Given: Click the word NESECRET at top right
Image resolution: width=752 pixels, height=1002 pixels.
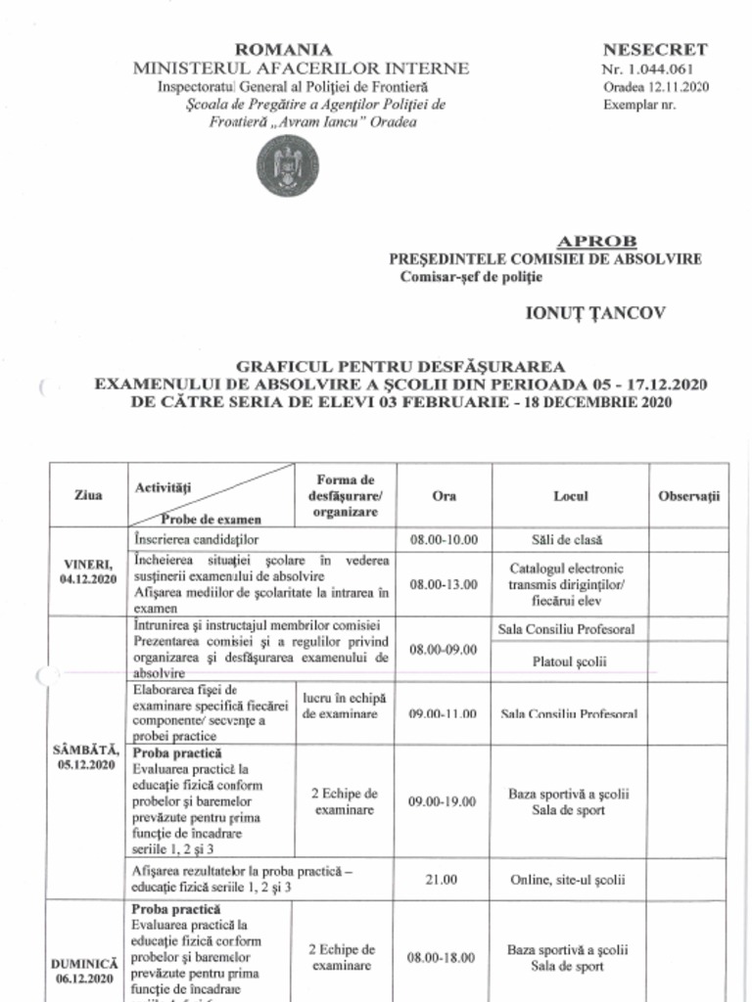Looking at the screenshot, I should click(x=655, y=49).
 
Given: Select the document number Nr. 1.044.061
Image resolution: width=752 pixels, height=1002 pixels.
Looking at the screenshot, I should click(x=649, y=68).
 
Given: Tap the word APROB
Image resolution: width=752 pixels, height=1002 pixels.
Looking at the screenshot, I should click(x=596, y=241).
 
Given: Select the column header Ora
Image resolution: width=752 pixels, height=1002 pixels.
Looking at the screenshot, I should click(x=444, y=496).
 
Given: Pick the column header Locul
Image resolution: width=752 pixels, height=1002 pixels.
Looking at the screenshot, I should click(x=570, y=496).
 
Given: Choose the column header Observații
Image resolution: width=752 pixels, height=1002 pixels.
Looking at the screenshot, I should click(x=689, y=496).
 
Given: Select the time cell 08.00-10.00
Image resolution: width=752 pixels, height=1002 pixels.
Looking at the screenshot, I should click(x=444, y=539).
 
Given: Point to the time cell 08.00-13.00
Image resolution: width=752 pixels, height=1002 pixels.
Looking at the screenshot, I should click(x=444, y=584).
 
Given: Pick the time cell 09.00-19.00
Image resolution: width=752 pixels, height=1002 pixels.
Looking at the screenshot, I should click(x=444, y=801).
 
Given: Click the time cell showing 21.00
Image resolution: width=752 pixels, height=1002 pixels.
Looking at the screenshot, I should click(x=444, y=879).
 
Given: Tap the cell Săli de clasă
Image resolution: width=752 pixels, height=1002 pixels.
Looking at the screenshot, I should click(x=570, y=539).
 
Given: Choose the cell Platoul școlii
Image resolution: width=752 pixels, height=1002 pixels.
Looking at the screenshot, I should click(x=570, y=661).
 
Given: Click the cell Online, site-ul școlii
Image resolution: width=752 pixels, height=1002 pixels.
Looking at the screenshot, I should click(x=570, y=879).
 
